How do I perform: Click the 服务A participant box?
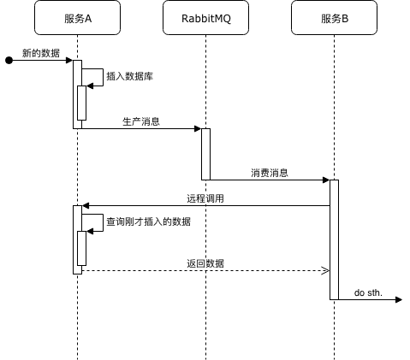click(77, 18)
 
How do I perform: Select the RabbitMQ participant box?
click(205, 18)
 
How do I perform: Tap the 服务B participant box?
click(334, 18)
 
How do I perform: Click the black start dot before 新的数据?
click(9, 61)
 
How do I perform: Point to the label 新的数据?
click(41, 53)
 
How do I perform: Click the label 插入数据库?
click(130, 76)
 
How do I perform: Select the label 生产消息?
click(141, 121)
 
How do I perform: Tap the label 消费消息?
click(270, 173)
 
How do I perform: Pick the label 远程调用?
click(205, 198)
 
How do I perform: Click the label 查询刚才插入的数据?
click(148, 221)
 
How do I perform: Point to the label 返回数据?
click(205, 263)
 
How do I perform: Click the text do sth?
click(368, 292)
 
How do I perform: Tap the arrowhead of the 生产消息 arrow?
click(198, 128)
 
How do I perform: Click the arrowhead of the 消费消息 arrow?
click(326, 180)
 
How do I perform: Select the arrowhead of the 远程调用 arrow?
click(86, 205)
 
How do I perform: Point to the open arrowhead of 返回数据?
click(326, 270)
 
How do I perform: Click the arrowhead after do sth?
click(399, 299)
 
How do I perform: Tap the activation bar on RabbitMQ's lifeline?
click(205, 154)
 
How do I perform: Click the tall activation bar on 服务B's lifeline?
click(334, 239)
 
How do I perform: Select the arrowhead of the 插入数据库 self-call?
click(90, 86)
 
